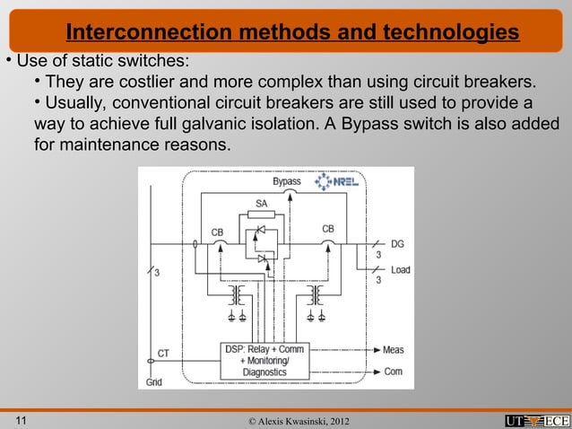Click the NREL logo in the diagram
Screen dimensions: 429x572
pos(337,182)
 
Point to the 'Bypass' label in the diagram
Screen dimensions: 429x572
pos(287,181)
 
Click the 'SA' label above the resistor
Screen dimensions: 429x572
pos(261,204)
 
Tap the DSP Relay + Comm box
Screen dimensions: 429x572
pos(264,359)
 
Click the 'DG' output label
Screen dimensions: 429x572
pos(397,243)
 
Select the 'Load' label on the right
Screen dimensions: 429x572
pos(400,269)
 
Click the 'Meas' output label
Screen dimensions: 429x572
pos(393,349)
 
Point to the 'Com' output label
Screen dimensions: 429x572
pos(393,371)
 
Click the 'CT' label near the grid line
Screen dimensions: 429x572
pos(164,353)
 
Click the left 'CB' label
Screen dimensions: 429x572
pos(218,232)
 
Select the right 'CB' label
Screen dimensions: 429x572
pos(328,229)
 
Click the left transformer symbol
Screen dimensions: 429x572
pos(237,294)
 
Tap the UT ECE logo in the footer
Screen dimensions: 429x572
pos(536,420)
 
